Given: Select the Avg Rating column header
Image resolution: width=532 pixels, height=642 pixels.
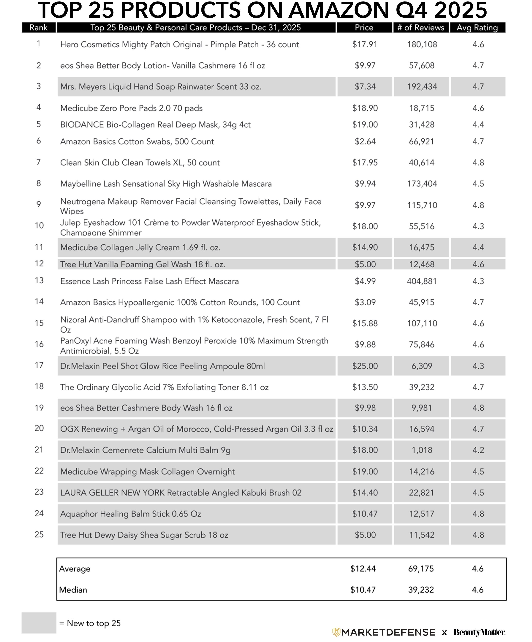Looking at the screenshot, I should [477, 27].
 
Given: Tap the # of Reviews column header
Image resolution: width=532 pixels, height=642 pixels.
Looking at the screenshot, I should [421, 27].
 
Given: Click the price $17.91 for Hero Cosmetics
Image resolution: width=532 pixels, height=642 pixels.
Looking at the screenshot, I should [365, 44].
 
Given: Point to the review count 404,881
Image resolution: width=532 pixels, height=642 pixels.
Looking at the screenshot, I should [422, 281].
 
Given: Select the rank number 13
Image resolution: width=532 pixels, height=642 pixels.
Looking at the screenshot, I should [39, 281].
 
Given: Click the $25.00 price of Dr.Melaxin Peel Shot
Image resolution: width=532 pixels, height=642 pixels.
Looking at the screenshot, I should [365, 366].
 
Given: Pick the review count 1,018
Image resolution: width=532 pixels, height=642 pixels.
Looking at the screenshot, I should [422, 450].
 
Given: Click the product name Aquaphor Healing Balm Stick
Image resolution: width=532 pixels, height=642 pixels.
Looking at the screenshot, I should [131, 514].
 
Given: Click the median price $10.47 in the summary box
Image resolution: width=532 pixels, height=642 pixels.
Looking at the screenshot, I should [363, 590].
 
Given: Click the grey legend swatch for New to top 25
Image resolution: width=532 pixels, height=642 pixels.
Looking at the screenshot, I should [39, 623].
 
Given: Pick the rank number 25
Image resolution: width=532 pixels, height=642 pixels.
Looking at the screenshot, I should [39, 534].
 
